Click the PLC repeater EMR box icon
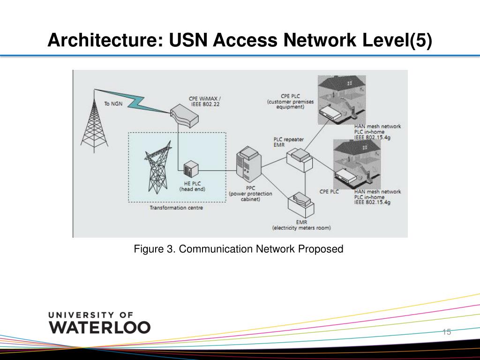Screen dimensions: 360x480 click(299, 159)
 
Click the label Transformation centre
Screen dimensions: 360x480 click(176, 208)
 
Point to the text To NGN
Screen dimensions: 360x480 click(113, 104)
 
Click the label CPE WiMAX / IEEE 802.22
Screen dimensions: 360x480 click(205, 102)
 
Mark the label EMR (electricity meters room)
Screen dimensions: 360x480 click(301, 225)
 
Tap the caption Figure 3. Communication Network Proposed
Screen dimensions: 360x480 click(239, 249)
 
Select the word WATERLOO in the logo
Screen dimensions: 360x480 click(99, 327)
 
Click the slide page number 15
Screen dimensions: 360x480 click(446, 332)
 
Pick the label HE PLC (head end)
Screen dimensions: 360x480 click(193, 186)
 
